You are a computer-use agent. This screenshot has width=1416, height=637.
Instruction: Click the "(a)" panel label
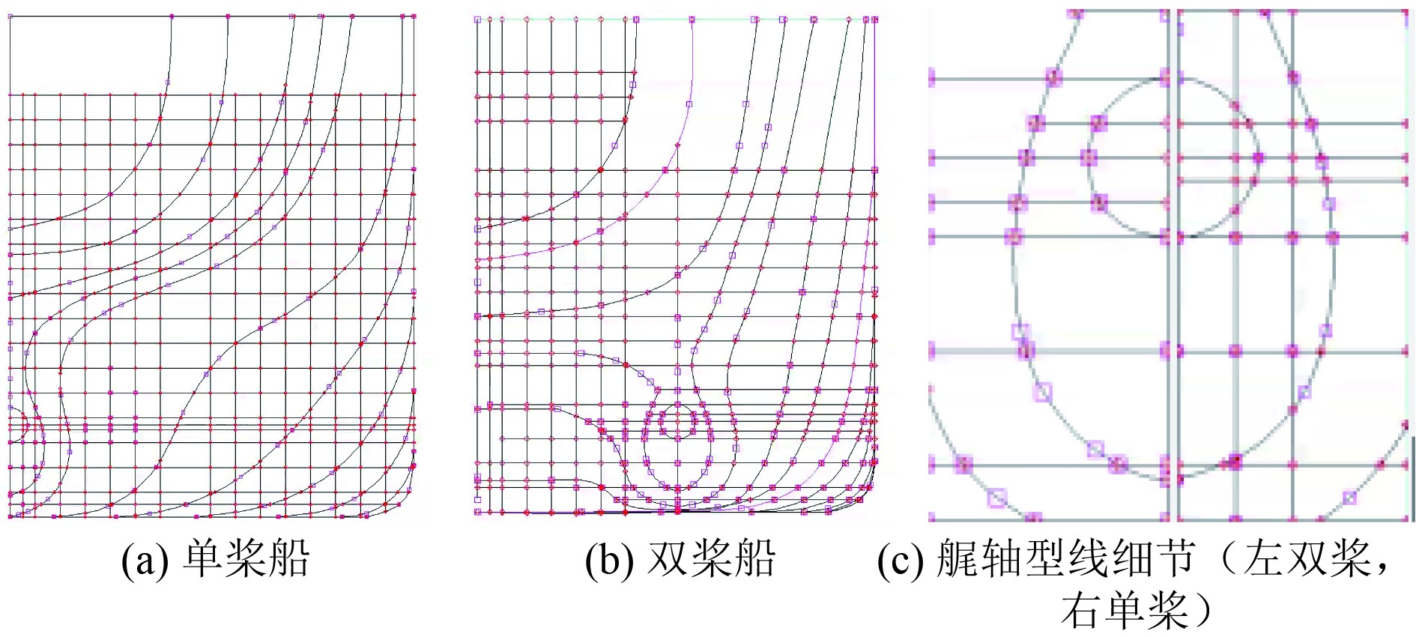point(145,560)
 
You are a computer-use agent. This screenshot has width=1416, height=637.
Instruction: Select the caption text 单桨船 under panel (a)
point(246,558)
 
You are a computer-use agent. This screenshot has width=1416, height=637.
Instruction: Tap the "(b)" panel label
point(609,560)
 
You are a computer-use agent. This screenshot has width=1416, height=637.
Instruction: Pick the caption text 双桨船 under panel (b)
point(711,558)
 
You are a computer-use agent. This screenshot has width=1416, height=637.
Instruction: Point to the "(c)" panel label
point(901,560)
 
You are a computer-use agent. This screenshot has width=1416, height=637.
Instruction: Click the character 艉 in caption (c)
point(958,558)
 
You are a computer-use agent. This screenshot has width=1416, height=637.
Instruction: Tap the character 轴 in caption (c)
point(1002,558)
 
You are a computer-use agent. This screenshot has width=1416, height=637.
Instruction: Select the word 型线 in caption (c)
point(1069,558)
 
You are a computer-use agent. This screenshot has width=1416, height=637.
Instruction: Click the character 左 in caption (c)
point(1265,558)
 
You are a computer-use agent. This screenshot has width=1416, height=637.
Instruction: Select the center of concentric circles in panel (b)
point(678,422)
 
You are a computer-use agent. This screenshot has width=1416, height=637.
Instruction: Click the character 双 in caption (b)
point(667,558)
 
